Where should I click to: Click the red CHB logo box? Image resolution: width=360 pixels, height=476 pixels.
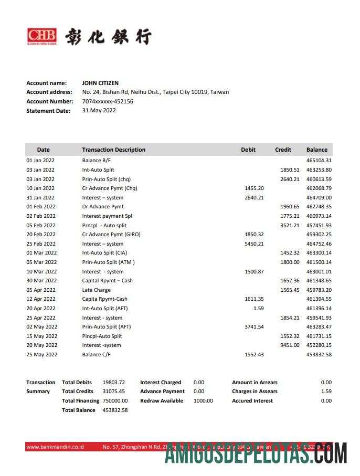[41, 36]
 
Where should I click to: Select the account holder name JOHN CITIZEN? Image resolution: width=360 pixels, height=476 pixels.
[100, 83]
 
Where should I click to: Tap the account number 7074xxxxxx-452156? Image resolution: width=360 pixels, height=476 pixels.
[108, 101]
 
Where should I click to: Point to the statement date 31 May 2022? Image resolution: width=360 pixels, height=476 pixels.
[99, 111]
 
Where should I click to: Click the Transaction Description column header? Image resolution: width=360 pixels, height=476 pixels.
[114, 150]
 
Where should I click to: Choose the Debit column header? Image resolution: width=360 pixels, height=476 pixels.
[248, 150]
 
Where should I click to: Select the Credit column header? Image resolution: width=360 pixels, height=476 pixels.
[283, 150]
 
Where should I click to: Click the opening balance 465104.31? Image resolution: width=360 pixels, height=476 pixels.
[319, 161]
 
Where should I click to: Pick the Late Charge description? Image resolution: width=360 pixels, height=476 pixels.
[97, 290]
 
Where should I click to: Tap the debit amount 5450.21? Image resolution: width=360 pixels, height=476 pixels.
[254, 244]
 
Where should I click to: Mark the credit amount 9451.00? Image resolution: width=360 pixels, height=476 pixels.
[290, 345]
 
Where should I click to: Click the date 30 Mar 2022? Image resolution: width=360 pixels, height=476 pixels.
[41, 281]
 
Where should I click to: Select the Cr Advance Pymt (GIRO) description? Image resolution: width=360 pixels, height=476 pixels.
[111, 235]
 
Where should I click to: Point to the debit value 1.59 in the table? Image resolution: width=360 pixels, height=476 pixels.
[258, 309]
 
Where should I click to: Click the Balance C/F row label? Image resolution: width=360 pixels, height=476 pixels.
[97, 355]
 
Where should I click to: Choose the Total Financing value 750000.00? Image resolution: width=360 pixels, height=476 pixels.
[115, 401]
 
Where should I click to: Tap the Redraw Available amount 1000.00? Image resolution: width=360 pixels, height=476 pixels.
[203, 401]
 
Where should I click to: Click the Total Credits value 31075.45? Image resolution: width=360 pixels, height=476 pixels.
[114, 392]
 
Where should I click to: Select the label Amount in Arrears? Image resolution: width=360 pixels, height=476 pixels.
[255, 383]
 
